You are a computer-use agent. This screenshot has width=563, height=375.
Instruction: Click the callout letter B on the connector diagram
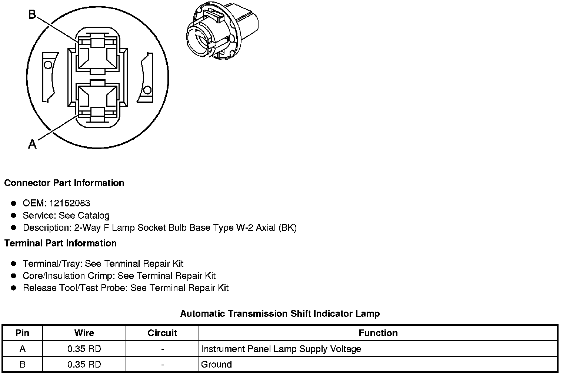coord(32,14)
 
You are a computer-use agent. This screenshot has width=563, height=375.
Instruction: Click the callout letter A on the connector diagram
coord(32,144)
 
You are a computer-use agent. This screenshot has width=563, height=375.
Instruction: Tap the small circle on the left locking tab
coord(47,65)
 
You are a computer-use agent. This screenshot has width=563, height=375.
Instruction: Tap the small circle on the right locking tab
coord(147,90)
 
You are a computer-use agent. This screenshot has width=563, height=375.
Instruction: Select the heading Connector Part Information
coord(64,183)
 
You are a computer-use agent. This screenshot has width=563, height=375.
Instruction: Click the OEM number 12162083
coord(69,203)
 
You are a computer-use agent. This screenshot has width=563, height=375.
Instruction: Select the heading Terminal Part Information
coord(60,243)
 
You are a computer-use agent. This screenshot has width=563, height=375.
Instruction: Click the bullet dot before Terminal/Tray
coord(14,264)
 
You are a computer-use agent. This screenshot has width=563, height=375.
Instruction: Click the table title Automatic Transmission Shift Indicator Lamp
coord(280,313)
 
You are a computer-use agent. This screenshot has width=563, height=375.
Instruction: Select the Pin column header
coord(22,333)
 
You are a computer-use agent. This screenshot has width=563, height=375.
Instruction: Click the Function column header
coord(378,333)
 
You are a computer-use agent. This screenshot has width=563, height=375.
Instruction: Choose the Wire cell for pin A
coord(84,349)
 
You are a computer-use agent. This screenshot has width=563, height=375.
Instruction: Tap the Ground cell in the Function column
coord(216,364)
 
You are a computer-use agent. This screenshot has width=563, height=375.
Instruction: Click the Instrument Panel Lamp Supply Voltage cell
coord(281,349)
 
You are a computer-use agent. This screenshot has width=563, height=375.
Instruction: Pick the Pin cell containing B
coord(22,364)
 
